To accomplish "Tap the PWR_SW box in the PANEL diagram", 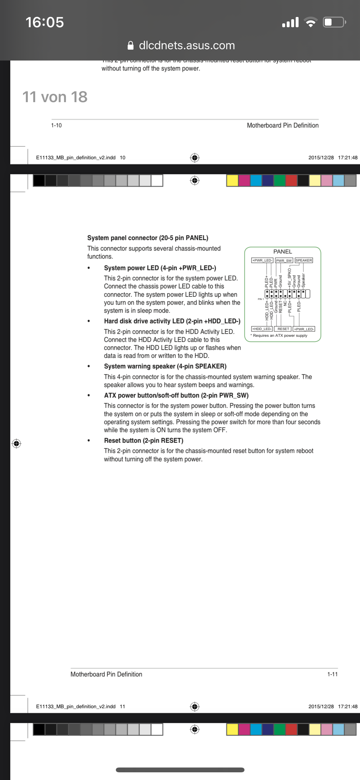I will [x=284, y=260].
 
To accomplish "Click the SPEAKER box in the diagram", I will [x=304, y=260].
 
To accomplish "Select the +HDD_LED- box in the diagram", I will [x=262, y=329].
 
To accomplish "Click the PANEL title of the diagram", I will [x=283, y=252].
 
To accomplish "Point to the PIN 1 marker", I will [x=261, y=299].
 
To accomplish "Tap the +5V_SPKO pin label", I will [x=289, y=277].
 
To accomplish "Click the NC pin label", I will [x=285, y=303].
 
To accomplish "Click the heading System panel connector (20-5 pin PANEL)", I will [x=148, y=238].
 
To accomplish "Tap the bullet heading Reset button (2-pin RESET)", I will [x=143, y=441].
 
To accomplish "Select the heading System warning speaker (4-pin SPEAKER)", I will [x=165, y=366].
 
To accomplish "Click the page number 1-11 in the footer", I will [x=332, y=674].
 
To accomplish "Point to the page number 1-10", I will [x=56, y=125].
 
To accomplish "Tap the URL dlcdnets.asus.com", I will [x=187, y=45].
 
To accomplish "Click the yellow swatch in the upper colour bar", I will [x=232, y=180].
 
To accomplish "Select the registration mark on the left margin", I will [x=16, y=443].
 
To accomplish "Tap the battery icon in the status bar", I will [x=334, y=22].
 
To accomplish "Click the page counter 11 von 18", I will [x=55, y=97].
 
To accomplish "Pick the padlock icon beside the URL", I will [x=131, y=45].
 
